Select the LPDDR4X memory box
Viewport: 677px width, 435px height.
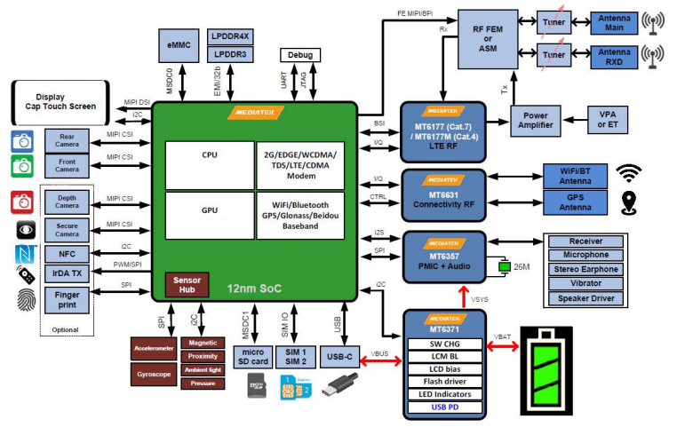point(231,36)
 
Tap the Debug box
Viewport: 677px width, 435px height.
point(299,55)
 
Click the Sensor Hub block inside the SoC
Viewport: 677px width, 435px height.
point(187,284)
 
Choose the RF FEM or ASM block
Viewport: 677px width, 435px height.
point(486,38)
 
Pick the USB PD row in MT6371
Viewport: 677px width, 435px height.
point(445,407)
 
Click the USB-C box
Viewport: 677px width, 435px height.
point(337,356)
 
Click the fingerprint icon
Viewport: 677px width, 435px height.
point(24,298)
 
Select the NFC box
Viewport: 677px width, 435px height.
point(67,253)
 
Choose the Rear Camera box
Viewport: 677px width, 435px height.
point(67,140)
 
